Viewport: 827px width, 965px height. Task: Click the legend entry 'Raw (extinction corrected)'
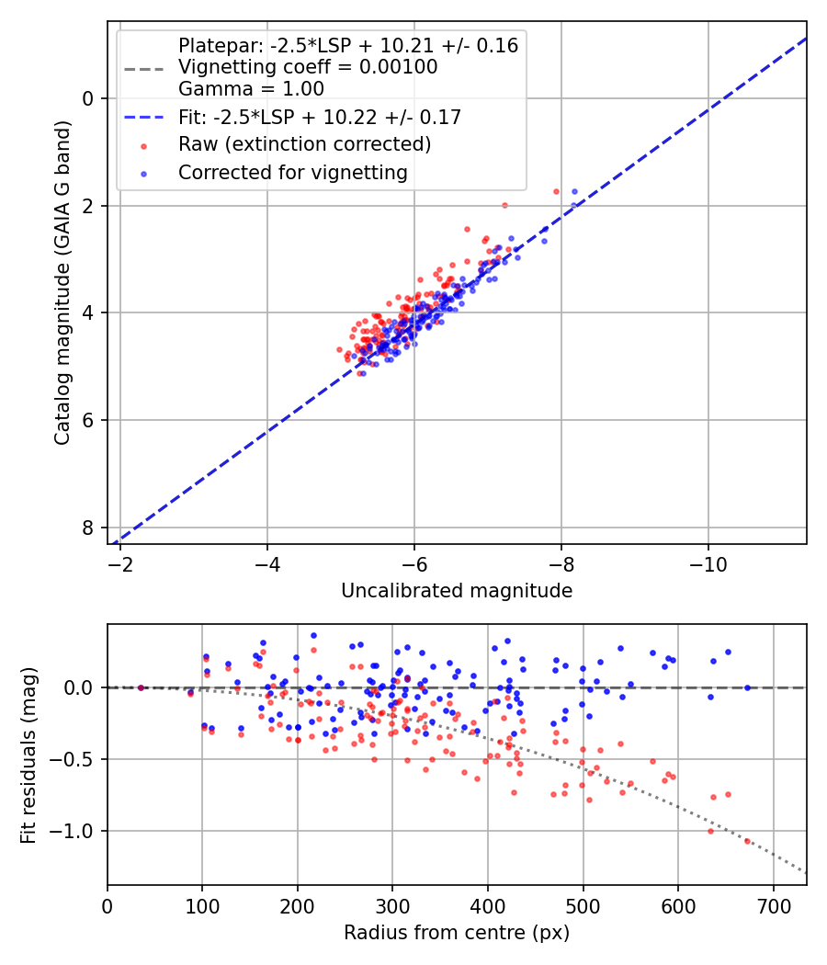click(304, 144)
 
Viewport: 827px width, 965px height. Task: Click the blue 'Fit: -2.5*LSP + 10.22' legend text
click(319, 117)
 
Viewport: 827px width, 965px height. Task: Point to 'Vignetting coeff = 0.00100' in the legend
click(308, 67)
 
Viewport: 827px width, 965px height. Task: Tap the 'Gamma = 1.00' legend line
click(251, 89)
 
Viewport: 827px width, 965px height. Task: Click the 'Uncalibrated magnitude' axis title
click(457, 591)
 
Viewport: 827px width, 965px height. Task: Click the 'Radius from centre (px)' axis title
click(457, 933)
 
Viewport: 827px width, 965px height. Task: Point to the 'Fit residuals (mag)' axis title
click(28, 755)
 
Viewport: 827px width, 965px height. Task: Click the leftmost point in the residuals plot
click(141, 687)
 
